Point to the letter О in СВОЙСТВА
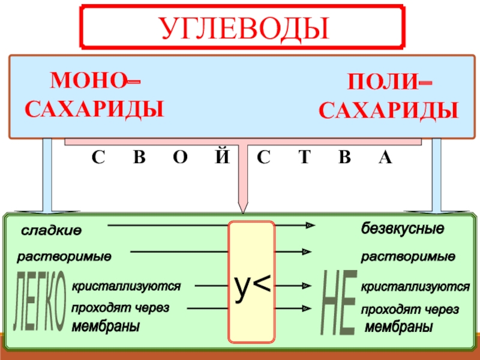179,158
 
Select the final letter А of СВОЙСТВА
385,158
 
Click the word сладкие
52,231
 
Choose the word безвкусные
402,229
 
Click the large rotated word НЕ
338,303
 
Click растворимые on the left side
64,257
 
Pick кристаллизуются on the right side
415,288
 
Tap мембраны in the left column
106,327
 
